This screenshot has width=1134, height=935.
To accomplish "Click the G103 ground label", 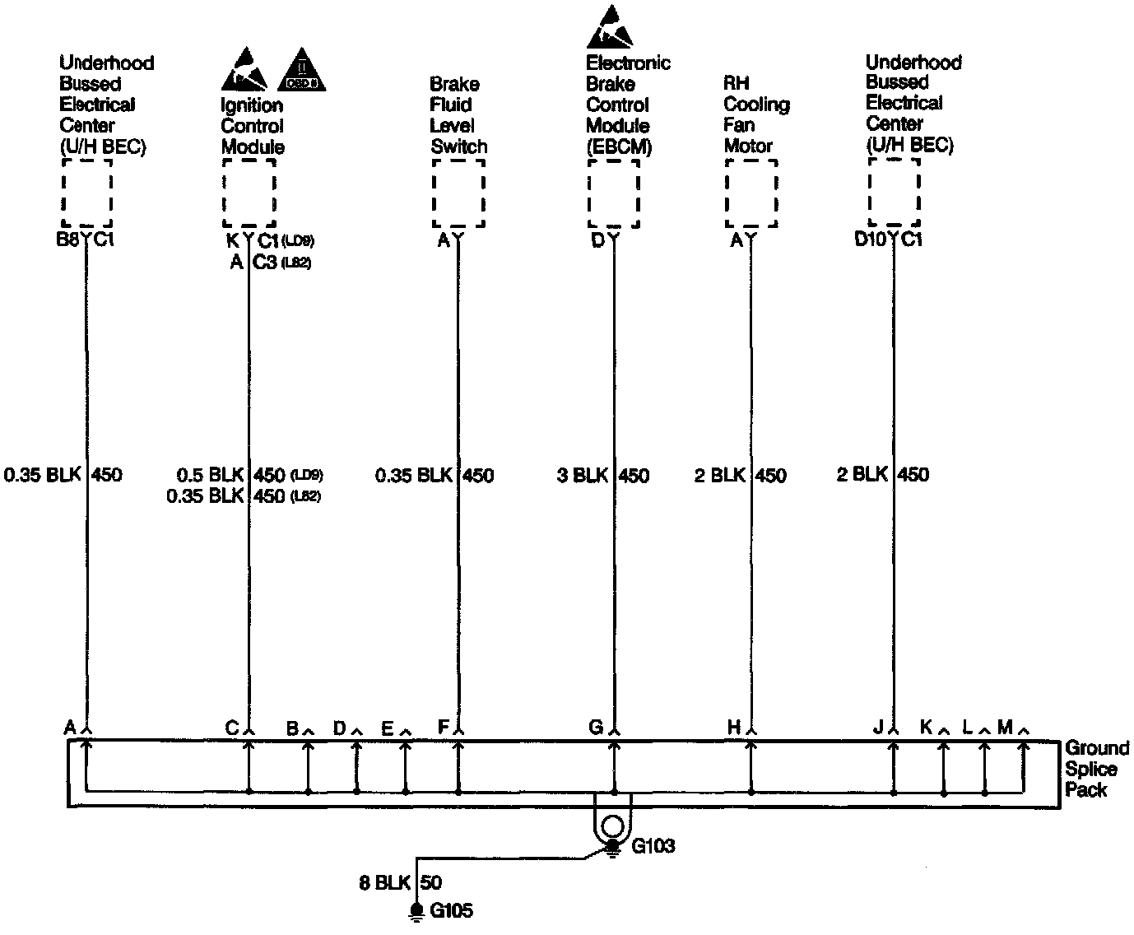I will coord(653,846).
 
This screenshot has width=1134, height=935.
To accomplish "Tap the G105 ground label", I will coord(452,910).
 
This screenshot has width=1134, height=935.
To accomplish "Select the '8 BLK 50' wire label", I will coord(401,883).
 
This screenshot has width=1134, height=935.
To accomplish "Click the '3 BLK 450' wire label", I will coord(602,476).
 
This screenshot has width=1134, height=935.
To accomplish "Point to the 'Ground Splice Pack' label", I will coord(1096,769).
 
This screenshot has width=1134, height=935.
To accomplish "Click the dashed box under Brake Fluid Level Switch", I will coord(458,194).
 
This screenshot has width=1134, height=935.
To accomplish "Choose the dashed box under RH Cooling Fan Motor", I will coord(751,193).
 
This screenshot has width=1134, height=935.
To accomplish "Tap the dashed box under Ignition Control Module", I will coord(249,194).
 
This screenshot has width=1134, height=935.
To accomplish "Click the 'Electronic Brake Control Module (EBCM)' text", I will coord(627,105).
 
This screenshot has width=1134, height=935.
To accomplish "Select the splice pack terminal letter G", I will coord(596,727).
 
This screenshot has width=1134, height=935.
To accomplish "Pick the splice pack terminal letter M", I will coord(1005,727).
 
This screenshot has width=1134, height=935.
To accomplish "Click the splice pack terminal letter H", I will coord(734,727).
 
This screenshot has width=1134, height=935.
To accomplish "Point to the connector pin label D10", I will coord(869,240).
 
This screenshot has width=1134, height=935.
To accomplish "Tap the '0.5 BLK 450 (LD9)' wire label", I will coord(250,476).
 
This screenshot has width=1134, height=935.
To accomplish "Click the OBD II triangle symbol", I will coord(303,71).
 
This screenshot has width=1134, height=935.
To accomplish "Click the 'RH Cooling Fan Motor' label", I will coord(756,114).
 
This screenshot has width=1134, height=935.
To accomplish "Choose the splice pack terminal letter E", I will coord(387,728).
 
